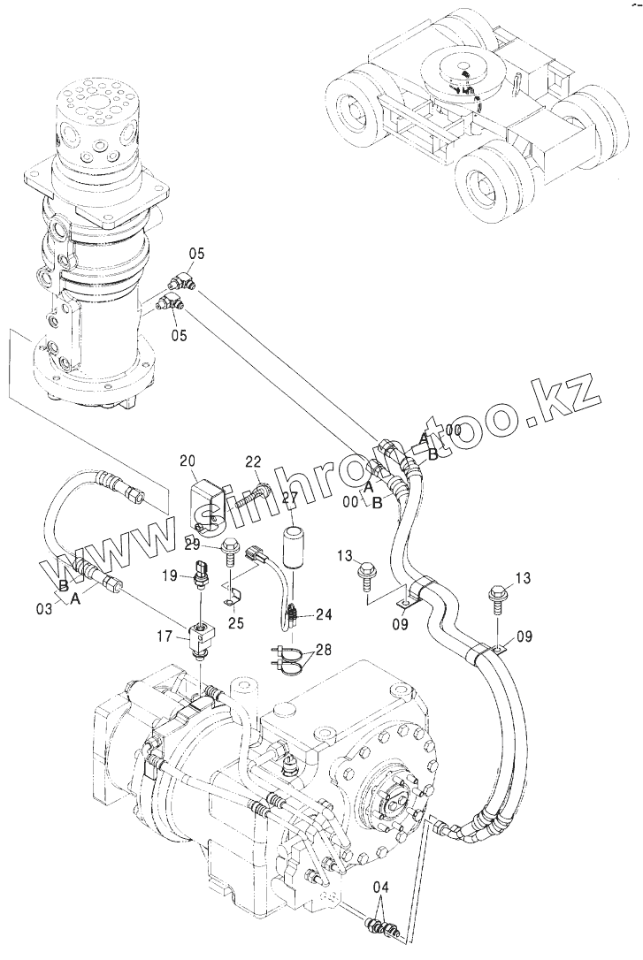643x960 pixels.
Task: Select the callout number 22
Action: [254, 461]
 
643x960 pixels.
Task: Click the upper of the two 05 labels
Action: [196, 255]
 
